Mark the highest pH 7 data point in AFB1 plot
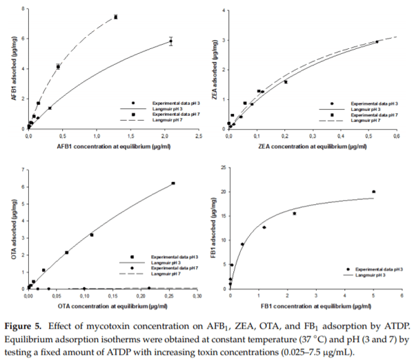[115, 17]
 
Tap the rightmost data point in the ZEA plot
[377, 41]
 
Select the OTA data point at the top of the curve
[173, 183]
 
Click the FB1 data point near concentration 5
[373, 192]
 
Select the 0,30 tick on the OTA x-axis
[197, 295]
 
